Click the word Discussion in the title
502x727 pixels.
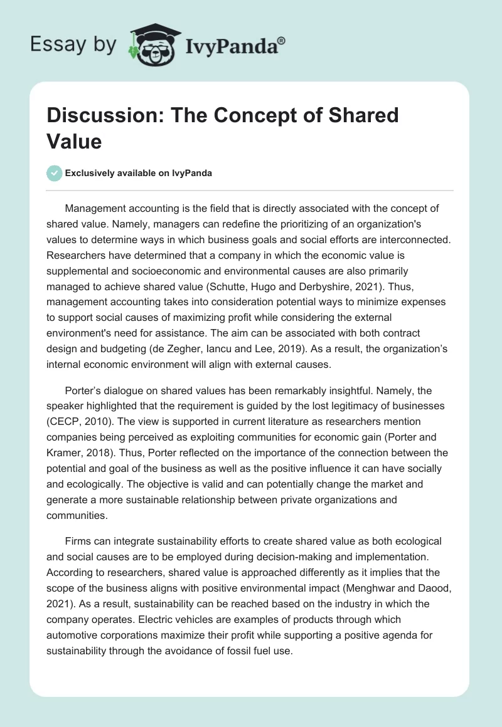(97, 116)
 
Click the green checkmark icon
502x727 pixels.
(55, 173)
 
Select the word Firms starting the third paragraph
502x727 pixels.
(78, 540)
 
